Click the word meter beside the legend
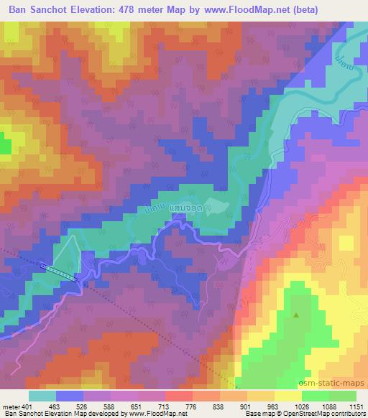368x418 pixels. tap(9, 406)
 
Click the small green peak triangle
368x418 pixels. tap(296, 314)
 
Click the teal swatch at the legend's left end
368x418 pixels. tap(42, 396)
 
